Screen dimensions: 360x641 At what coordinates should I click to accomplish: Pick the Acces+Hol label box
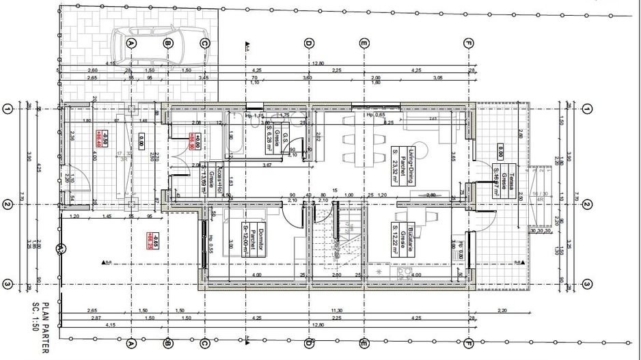point(202,180)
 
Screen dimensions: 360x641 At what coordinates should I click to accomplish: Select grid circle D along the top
point(309,43)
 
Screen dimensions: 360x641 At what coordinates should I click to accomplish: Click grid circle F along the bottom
point(469,344)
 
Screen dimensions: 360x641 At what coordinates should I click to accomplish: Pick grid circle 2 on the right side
point(586,204)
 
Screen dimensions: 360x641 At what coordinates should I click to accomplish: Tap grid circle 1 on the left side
point(8,109)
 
